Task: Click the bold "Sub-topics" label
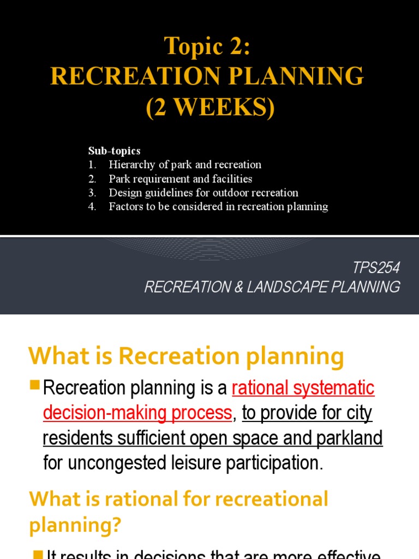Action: click(x=115, y=151)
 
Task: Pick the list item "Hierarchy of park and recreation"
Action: click(x=185, y=164)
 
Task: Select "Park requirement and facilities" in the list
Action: click(x=180, y=179)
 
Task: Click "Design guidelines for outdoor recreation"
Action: click(x=203, y=193)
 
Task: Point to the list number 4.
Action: click(x=92, y=207)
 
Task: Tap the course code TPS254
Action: click(x=376, y=267)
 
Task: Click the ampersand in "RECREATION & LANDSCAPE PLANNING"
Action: click(x=238, y=287)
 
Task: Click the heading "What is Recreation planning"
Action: click(x=186, y=357)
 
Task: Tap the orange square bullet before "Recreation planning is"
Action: click(x=35, y=385)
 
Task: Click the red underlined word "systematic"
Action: click(x=334, y=388)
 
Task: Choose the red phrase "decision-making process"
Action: click(x=137, y=413)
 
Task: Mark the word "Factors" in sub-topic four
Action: click(x=126, y=207)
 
